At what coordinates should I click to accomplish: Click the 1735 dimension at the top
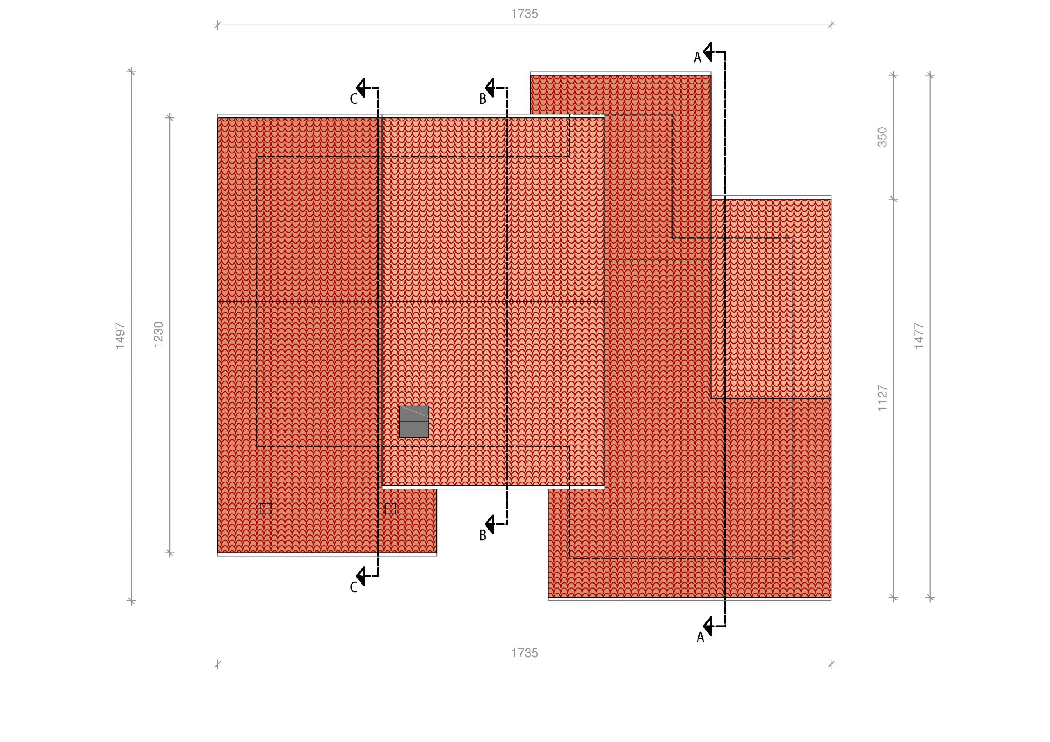525,14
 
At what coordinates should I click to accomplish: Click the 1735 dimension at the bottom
525,653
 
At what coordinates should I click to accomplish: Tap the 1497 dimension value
120,336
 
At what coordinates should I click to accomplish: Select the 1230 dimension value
158,334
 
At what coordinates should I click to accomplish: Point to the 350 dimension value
882,137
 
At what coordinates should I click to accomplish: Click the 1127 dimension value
882,398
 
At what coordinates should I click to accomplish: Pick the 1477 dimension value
919,336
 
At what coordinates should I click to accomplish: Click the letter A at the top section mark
697,58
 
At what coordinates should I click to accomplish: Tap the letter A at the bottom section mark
700,638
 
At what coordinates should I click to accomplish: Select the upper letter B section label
482,99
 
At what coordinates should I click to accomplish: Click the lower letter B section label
482,535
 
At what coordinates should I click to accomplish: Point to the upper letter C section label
354,99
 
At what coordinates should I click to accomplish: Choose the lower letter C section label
354,587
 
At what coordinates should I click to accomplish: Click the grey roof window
414,422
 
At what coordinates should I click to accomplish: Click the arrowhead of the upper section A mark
708,52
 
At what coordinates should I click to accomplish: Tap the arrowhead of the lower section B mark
490,524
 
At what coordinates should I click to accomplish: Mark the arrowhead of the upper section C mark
361,87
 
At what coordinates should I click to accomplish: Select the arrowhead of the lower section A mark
708,626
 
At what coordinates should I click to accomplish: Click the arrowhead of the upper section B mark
490,87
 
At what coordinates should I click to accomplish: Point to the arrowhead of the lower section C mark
361,576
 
